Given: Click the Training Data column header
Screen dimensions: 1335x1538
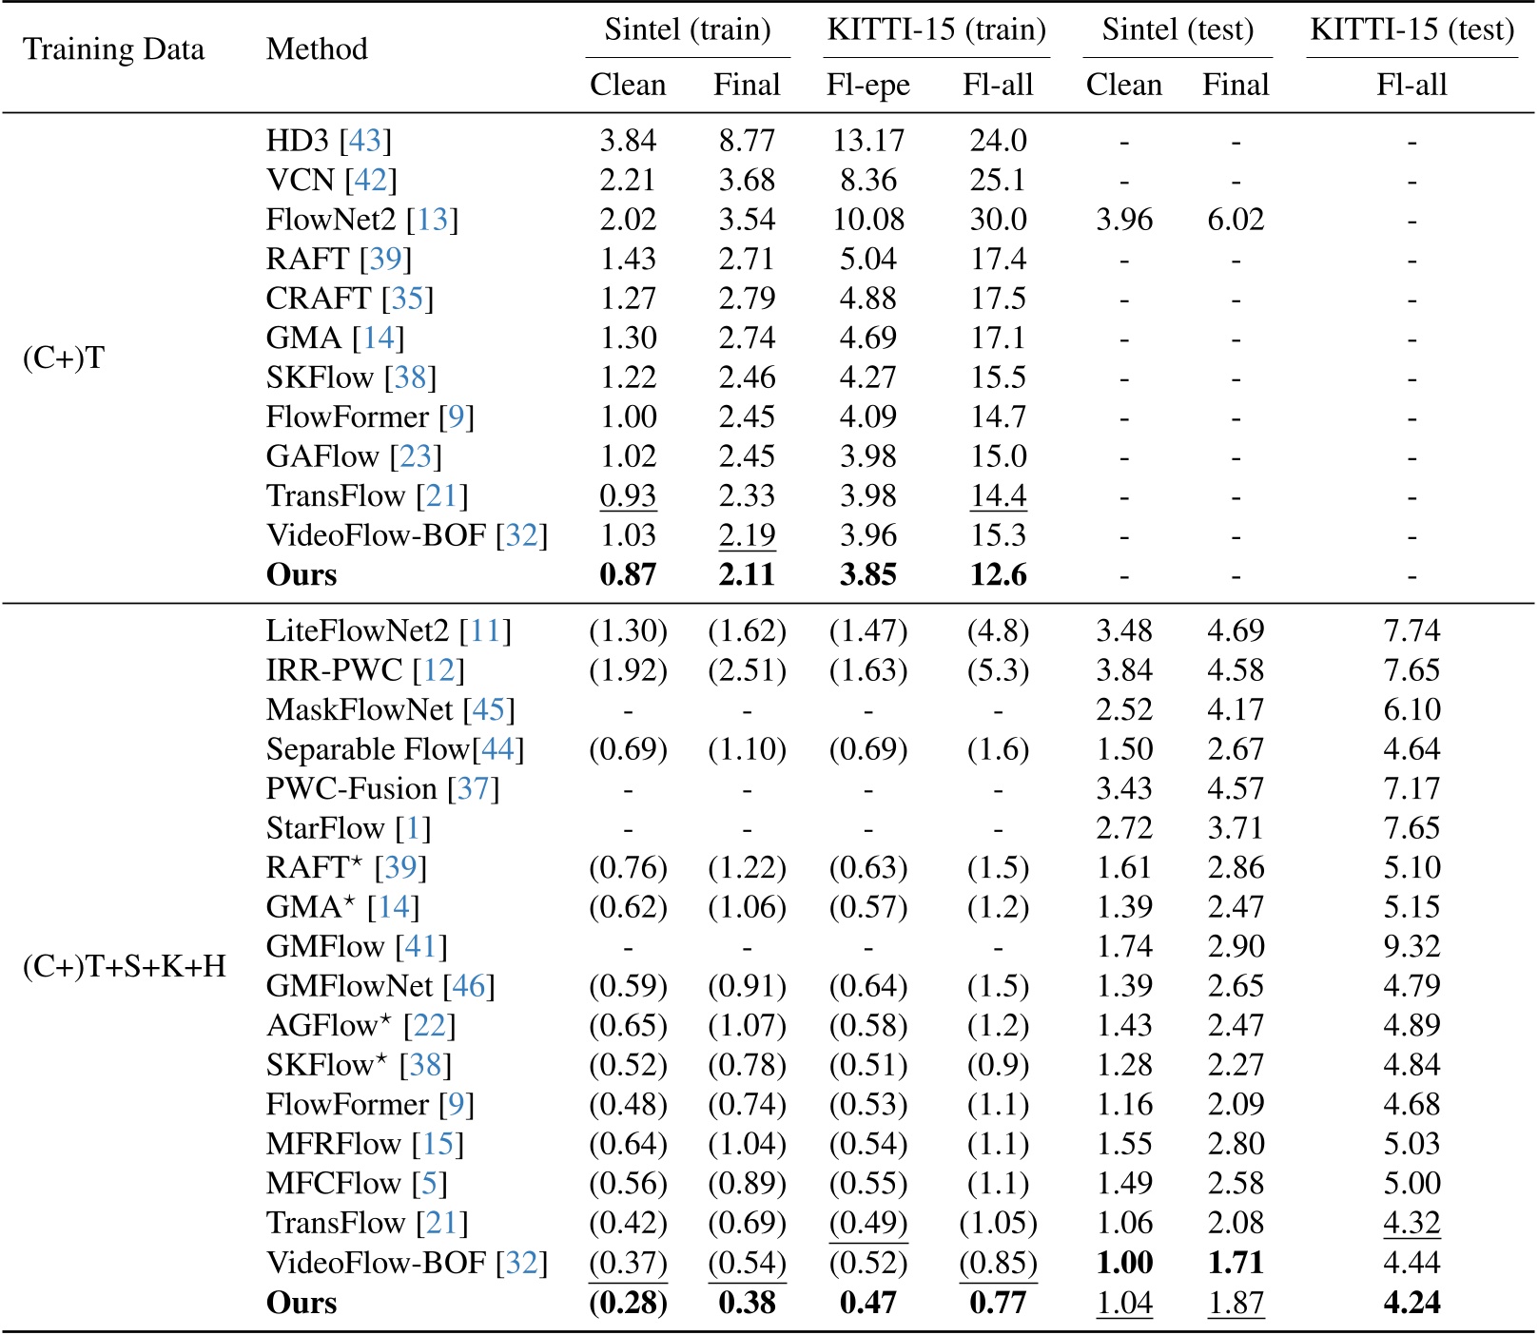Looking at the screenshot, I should pos(113,49).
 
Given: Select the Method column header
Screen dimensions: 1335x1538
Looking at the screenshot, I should pos(317,49).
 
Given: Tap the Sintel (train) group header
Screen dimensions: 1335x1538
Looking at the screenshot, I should pos(687,29).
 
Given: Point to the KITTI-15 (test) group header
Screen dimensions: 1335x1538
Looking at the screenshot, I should pos(1411,29).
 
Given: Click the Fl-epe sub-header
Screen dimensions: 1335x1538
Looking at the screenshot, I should pos(867,86).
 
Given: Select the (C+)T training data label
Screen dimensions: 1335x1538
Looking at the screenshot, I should pos(64,358).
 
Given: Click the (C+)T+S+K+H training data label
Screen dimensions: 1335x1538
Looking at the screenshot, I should pos(124,966).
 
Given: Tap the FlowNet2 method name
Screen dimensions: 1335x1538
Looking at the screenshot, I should pos(330,220).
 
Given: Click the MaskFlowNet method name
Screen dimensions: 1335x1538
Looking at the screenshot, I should pos(360,709).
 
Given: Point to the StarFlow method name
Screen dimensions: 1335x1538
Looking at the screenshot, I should pos(325,828).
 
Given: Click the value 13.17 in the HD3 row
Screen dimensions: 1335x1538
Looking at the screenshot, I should pos(867,141).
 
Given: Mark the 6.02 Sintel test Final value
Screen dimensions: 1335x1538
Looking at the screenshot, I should pos(1236,220).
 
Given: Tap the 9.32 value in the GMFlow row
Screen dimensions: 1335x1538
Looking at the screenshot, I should pos(1411,946).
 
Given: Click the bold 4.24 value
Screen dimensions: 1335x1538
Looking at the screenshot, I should pos(1411,1302).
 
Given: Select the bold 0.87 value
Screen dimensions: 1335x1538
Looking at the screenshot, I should pos(628,575).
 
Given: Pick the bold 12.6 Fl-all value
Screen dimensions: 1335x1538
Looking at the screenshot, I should pos(998,575).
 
